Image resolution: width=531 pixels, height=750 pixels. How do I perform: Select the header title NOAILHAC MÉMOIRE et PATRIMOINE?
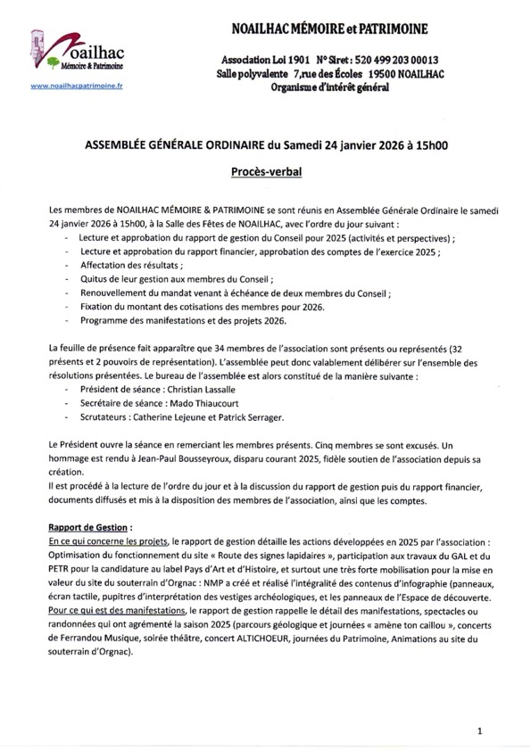(x=328, y=31)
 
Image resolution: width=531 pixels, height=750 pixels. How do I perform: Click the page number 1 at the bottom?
(x=480, y=729)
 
